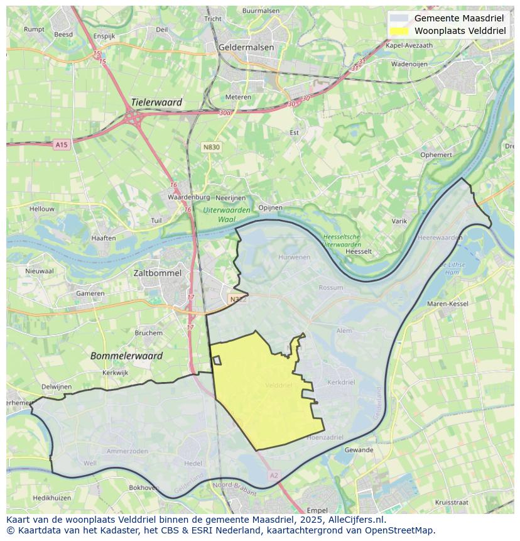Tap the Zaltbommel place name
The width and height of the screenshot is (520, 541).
(x=158, y=273)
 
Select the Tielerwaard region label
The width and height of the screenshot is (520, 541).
(x=156, y=102)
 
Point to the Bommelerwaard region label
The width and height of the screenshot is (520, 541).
(x=126, y=356)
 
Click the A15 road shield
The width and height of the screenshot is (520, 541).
(x=61, y=145)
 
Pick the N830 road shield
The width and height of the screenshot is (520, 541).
(x=212, y=146)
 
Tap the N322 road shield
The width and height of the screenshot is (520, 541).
(x=238, y=300)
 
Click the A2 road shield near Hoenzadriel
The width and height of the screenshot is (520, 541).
(x=274, y=476)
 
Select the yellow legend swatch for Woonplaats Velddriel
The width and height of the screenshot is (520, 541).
(x=399, y=31)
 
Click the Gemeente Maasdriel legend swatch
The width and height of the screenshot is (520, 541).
(x=399, y=18)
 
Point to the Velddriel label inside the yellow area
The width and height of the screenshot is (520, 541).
(x=279, y=385)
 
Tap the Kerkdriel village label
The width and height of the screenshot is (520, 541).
(x=342, y=382)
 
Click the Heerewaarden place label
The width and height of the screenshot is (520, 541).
(x=440, y=238)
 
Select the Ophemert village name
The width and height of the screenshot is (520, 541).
(x=436, y=155)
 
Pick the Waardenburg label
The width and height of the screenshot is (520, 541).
(x=171, y=197)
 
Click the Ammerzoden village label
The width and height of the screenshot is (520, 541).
(x=127, y=451)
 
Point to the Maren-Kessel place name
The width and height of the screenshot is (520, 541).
(x=448, y=304)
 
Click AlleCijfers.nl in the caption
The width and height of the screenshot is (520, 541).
(x=356, y=520)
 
